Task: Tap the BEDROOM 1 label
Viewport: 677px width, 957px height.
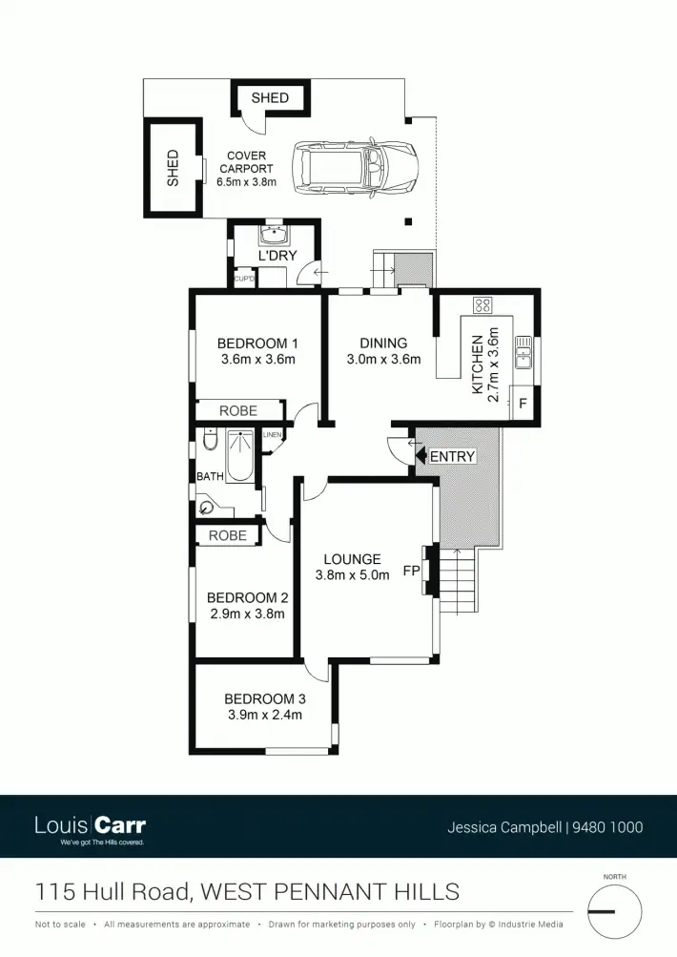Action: (x=257, y=343)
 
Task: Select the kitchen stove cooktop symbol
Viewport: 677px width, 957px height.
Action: (x=482, y=305)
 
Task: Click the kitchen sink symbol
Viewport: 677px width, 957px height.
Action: (x=523, y=352)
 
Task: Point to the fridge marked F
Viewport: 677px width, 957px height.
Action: (x=522, y=404)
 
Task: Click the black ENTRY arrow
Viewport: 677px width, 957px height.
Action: (x=421, y=457)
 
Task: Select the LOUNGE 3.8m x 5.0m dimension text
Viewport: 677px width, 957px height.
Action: (x=352, y=575)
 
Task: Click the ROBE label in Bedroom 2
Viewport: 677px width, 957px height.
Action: (x=227, y=536)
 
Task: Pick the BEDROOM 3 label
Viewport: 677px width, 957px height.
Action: (x=264, y=698)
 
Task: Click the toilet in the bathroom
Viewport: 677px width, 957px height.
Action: (x=210, y=441)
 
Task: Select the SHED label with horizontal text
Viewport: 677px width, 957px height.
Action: (x=270, y=98)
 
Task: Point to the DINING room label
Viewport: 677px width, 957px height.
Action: (x=383, y=343)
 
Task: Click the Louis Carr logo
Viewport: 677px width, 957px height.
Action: (x=90, y=826)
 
